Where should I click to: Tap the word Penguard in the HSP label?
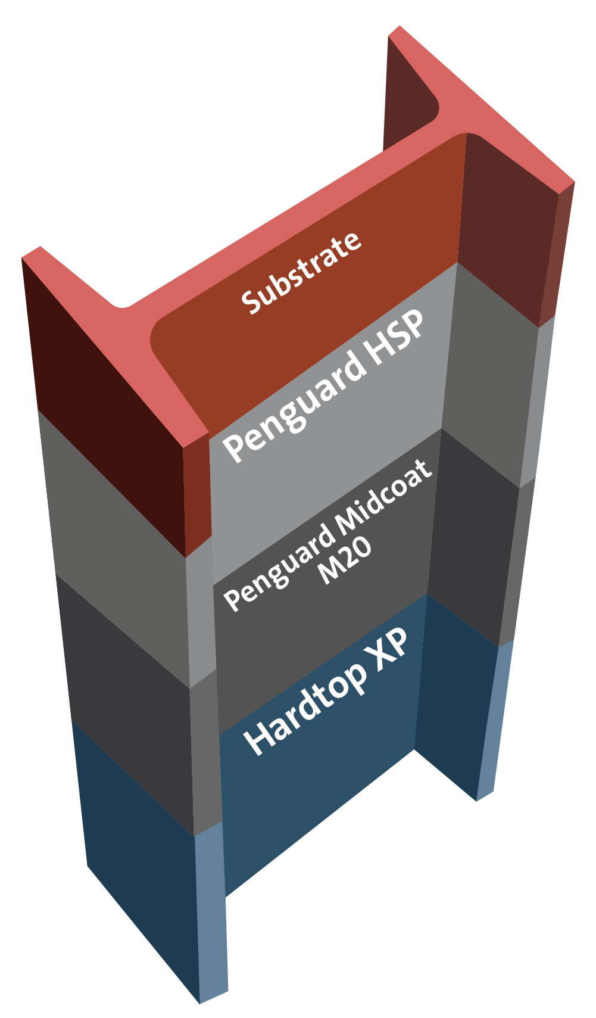295,403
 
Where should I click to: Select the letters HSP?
395,337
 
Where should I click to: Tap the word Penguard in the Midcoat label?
280,568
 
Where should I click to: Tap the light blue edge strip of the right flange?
494,727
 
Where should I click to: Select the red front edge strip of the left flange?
197,494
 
